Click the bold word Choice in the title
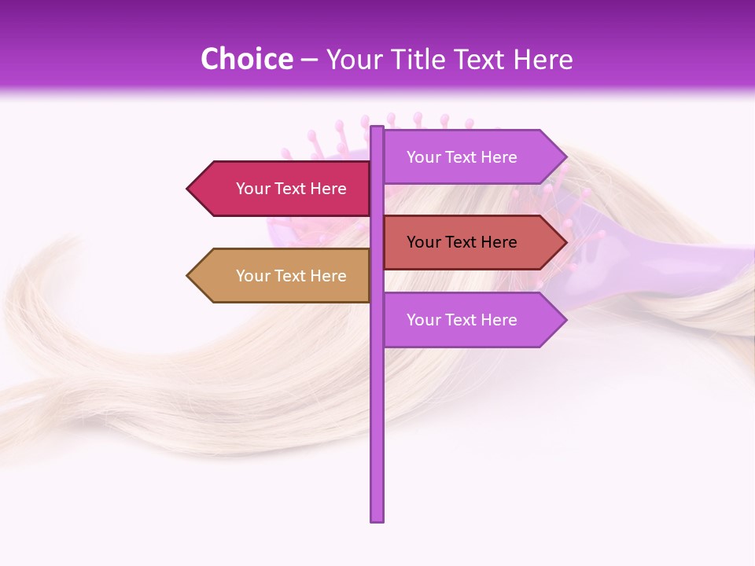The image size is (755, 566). [x=246, y=59]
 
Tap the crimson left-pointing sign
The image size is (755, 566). [x=279, y=189]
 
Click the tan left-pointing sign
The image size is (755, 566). [x=279, y=276]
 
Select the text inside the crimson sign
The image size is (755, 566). [x=291, y=189]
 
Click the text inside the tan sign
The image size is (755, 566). [x=291, y=276]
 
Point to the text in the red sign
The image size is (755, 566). [x=462, y=242]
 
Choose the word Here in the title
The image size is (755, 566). [x=543, y=60]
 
